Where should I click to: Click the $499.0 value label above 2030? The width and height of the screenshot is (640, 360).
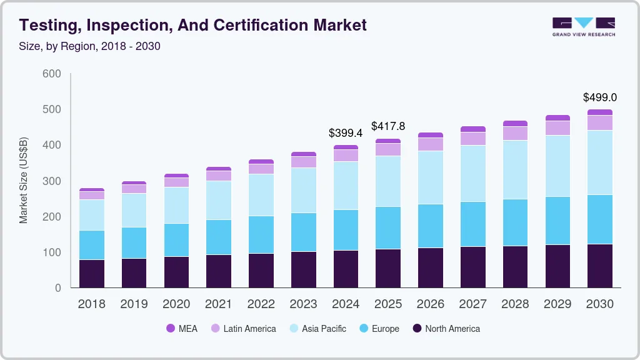(x=600, y=97)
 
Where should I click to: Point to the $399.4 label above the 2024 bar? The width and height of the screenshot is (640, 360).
(x=346, y=133)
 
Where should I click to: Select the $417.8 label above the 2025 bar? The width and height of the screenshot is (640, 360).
(x=388, y=126)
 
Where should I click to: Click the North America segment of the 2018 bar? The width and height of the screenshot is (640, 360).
(x=91, y=273)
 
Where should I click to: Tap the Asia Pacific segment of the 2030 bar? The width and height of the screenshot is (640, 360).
(x=600, y=162)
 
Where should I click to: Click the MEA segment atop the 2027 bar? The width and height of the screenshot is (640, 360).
(x=473, y=129)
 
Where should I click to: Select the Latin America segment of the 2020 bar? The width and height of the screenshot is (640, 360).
(x=176, y=182)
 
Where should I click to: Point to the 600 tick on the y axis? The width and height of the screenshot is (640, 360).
(x=52, y=74)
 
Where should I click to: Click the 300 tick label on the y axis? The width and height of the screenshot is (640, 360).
(x=52, y=181)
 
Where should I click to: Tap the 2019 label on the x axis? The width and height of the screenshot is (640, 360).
(x=134, y=304)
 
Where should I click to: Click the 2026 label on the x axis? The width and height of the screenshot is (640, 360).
(x=431, y=304)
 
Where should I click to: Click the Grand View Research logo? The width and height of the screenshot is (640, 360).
(x=583, y=26)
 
